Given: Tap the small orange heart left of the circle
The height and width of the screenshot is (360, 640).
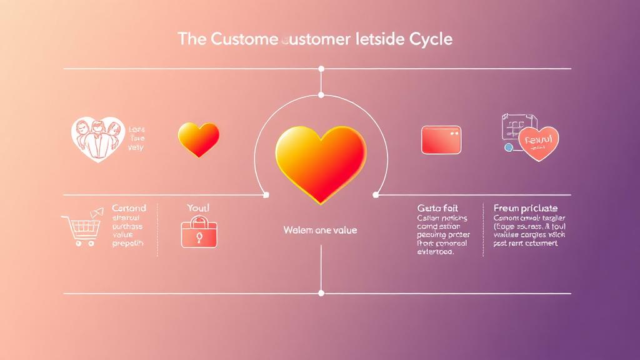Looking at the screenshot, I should (x=199, y=139).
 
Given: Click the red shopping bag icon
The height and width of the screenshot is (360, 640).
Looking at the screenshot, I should (x=199, y=232).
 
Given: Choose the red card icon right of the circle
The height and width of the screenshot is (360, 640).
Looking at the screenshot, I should (x=441, y=140).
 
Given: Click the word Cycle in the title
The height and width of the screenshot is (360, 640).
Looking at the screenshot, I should (x=429, y=39).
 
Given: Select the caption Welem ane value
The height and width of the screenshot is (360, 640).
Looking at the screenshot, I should (x=320, y=230).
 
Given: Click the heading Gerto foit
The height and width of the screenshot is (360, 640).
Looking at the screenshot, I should (x=438, y=207).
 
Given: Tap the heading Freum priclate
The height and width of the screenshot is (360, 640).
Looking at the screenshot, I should (x=526, y=207).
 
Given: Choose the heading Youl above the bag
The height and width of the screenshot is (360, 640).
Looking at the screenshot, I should (x=198, y=207).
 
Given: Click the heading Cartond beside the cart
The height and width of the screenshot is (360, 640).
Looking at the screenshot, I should (x=129, y=207).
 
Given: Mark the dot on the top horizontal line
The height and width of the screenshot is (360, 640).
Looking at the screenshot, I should (x=321, y=69).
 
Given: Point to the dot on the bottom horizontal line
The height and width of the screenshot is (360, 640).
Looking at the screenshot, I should (x=321, y=292).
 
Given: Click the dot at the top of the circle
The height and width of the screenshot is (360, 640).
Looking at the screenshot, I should (x=321, y=95).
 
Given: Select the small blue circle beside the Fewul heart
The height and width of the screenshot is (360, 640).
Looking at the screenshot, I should (x=508, y=147).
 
